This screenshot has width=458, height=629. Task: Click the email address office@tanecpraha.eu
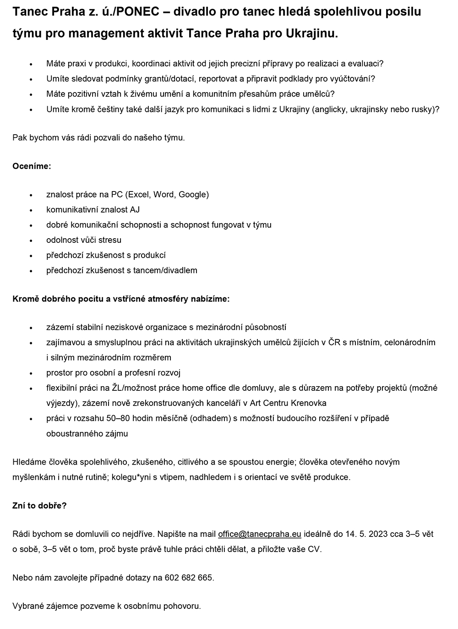coord(259,534)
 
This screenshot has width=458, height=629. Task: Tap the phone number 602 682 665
coord(189,578)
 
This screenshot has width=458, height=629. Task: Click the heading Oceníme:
coord(32,166)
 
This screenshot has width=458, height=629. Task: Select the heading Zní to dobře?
coord(39,506)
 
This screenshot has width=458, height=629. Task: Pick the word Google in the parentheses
coord(193,194)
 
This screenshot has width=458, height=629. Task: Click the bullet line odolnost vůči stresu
coord(84,240)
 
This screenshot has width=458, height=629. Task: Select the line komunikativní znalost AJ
coord(93,209)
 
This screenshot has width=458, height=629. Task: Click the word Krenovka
coord(309,403)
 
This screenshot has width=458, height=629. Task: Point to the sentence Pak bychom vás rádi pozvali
coord(98,137)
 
